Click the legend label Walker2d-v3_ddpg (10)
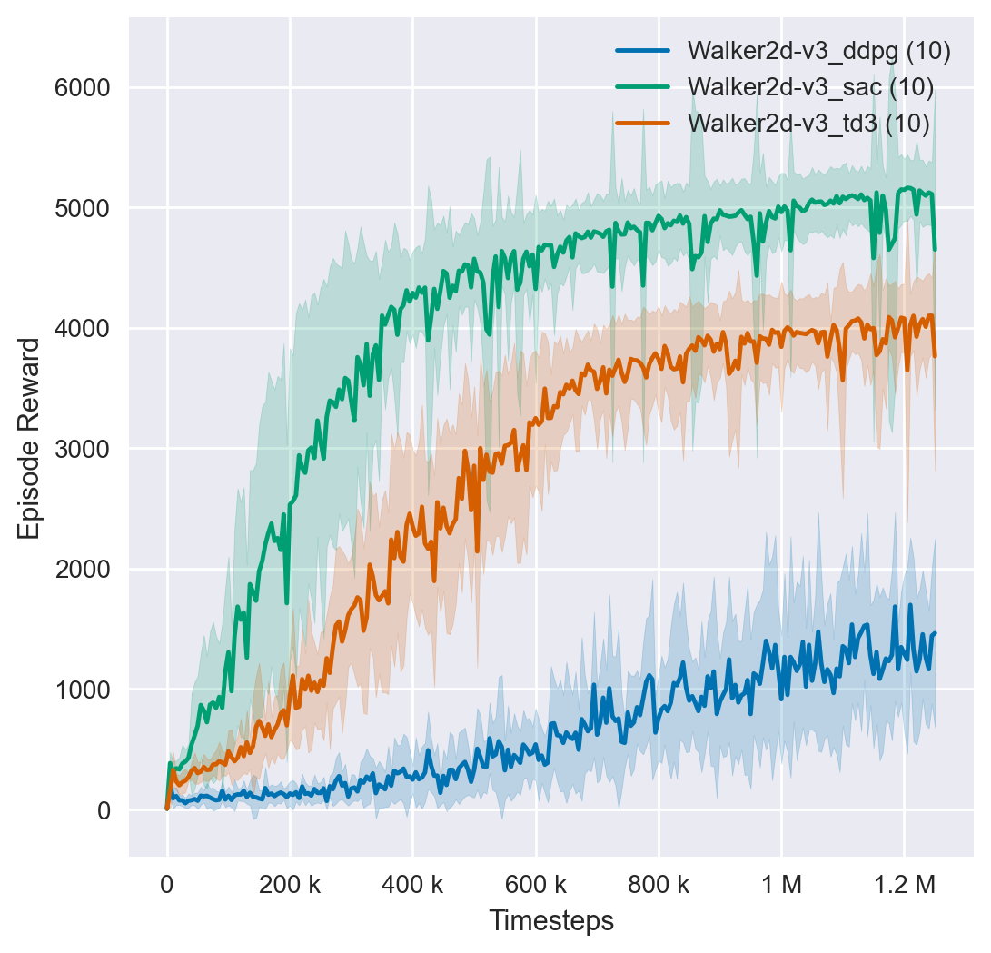(x=819, y=52)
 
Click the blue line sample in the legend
(x=643, y=52)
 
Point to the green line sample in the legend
(x=643, y=87)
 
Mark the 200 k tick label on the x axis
(x=290, y=884)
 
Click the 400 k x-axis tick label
(x=412, y=884)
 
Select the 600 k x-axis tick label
(x=536, y=884)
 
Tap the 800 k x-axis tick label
(x=659, y=884)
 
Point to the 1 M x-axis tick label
(x=781, y=884)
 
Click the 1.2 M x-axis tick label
(x=904, y=884)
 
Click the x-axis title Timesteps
(x=551, y=921)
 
